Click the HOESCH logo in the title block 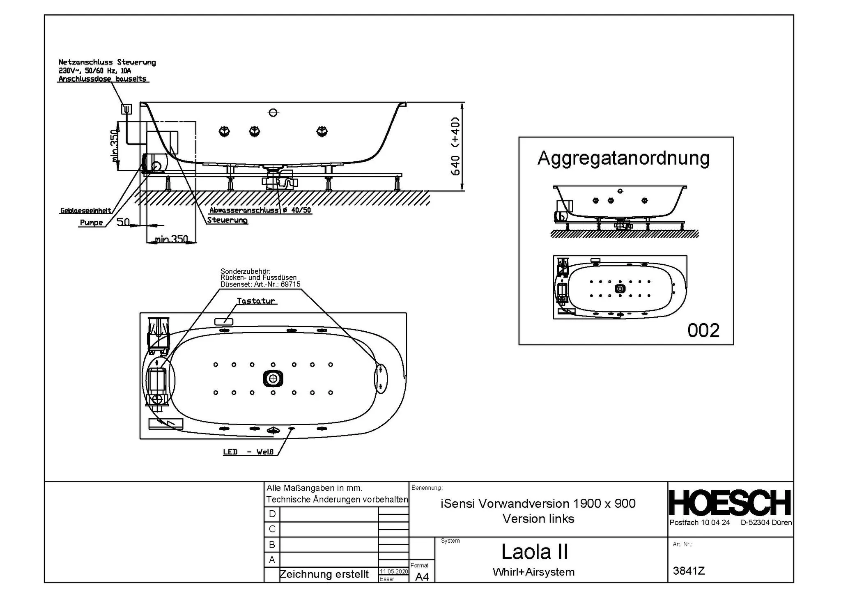point(730,502)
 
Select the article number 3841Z point(689,571)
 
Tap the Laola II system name point(535,552)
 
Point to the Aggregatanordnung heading point(623,158)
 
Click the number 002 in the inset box point(703,330)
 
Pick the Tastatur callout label point(256,301)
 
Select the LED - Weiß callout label point(248,452)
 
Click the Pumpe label point(91,223)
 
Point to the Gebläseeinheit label point(85,211)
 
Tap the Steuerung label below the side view point(227,220)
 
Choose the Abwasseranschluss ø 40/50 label point(260,210)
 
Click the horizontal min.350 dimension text point(171,239)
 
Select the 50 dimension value point(123,222)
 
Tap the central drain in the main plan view point(273,378)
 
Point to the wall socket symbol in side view point(126,109)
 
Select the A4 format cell point(422,577)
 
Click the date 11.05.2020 point(393,571)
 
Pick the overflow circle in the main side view point(273,112)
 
